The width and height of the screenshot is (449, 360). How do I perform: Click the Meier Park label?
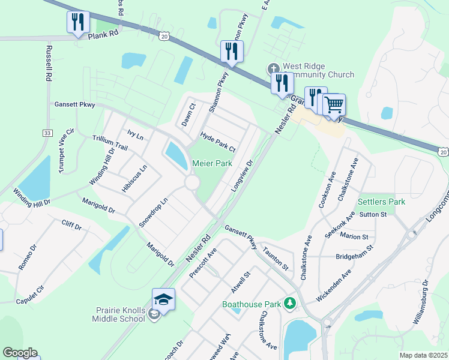pyautogui.click(x=212, y=163)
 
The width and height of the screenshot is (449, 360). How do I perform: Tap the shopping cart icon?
pyautogui.click(x=334, y=105)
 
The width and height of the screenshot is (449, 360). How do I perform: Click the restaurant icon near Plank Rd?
pyautogui.click(x=78, y=23)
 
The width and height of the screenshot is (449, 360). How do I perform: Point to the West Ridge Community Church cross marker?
pyautogui.click(x=273, y=68)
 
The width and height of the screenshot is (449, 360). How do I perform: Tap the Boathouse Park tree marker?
pyautogui.click(x=291, y=304)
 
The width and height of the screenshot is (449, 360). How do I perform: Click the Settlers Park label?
pyautogui.click(x=382, y=202)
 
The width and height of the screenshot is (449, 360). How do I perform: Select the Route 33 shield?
pyautogui.click(x=48, y=133)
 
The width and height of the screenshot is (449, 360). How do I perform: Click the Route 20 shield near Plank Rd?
pyautogui.click(x=164, y=37)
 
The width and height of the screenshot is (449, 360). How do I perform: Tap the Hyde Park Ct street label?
pyautogui.click(x=218, y=142)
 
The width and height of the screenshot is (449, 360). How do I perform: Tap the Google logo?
pyautogui.click(x=20, y=353)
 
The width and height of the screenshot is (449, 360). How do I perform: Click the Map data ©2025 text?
pyautogui.click(x=423, y=355)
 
